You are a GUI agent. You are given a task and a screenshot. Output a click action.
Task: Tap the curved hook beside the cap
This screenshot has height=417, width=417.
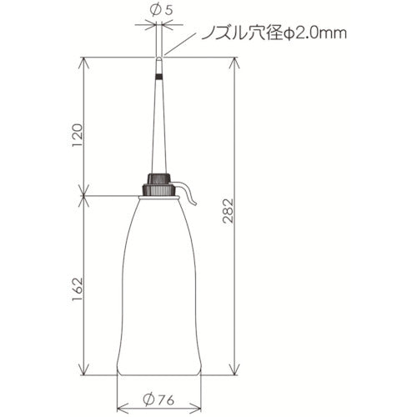click(189, 193)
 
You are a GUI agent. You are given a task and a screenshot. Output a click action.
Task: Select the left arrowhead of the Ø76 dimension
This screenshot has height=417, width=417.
click(119, 408)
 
